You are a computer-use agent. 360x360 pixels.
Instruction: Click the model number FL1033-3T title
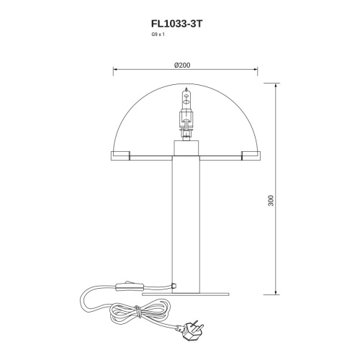coord(177,24)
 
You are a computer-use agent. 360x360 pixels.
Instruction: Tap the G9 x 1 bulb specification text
coord(158,35)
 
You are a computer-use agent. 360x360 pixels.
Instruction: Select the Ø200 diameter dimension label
coord(182,65)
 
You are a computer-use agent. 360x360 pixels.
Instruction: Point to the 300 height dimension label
coord(271,200)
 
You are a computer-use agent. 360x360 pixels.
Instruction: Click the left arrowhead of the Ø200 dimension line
coord(115,69)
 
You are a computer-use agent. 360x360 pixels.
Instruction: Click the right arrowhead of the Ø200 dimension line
coord(256,69)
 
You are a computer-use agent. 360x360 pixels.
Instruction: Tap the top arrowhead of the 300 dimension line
coord(276,85)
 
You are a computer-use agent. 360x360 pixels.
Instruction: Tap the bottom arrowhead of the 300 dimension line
coord(276,292)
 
